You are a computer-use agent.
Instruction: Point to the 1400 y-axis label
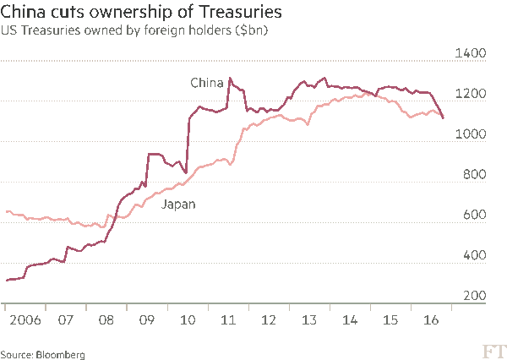(471, 53)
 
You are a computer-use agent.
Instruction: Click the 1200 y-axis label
(471, 94)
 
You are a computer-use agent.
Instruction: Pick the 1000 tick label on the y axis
(471, 134)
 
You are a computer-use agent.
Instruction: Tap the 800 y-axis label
(474, 175)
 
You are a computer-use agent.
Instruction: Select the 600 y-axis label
(474, 215)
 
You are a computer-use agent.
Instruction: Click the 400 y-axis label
(474, 256)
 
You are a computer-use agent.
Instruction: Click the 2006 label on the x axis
(24, 321)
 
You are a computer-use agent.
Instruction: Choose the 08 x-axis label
(106, 321)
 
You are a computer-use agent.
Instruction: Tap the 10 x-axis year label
(187, 321)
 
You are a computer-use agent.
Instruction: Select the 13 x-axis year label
(308, 321)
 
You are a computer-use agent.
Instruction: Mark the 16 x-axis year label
(430, 321)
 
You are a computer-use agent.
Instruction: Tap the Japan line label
(178, 205)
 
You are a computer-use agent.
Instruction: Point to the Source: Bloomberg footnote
(42, 354)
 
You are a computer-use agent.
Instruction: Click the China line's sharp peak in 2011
(230, 79)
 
